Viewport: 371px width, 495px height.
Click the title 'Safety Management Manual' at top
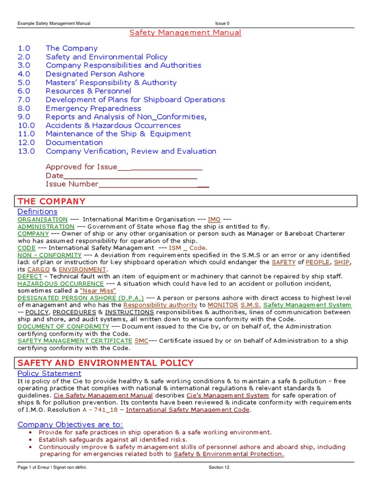pos(185,32)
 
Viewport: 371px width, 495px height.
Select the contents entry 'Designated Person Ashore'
pos(95,74)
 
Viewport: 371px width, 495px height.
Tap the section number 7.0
pos(24,100)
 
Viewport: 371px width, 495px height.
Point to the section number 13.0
pos(26,151)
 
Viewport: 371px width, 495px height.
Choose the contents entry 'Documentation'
pos(74,143)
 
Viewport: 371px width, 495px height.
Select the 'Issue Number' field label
pos(71,184)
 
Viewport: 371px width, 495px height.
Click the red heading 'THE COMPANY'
pos(51,201)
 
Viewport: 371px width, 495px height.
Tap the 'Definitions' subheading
pos(37,212)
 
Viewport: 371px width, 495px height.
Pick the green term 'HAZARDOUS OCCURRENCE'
pos(60,284)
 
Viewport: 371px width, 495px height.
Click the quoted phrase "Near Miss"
pos(98,291)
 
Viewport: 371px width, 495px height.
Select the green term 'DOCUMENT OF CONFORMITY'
pos(63,326)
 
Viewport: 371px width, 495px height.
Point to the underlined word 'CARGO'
pos(39,269)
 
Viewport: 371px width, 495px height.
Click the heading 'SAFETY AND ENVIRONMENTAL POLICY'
pos(105,363)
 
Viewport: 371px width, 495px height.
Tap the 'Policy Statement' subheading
pos(49,373)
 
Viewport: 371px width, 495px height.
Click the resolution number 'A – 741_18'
pos(101,410)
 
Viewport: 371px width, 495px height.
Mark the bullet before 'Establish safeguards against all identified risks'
pos(31,440)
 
